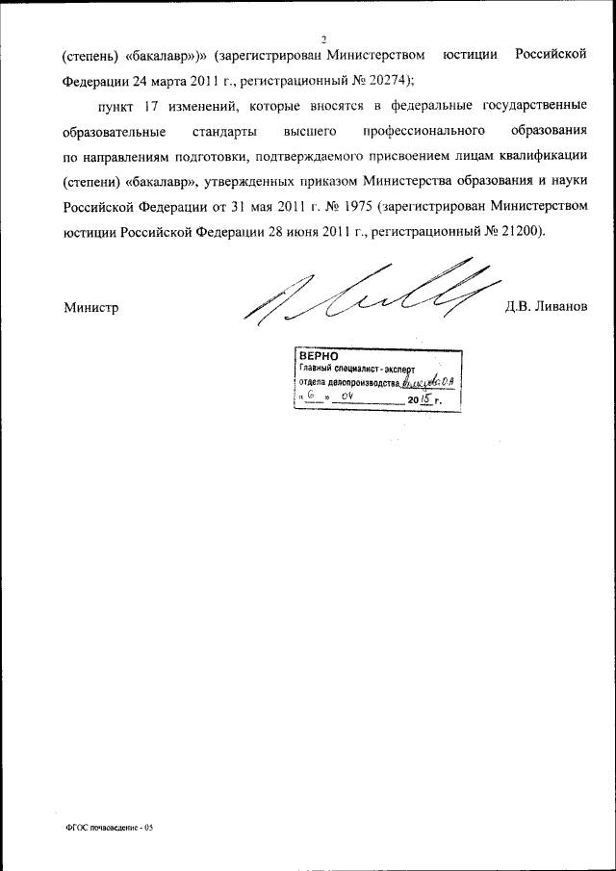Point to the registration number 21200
tap(520, 230)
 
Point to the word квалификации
tap(545, 155)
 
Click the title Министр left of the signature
tap(90, 308)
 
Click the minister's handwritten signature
tap(366, 294)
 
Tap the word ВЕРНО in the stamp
tap(318, 354)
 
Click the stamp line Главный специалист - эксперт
tap(355, 368)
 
